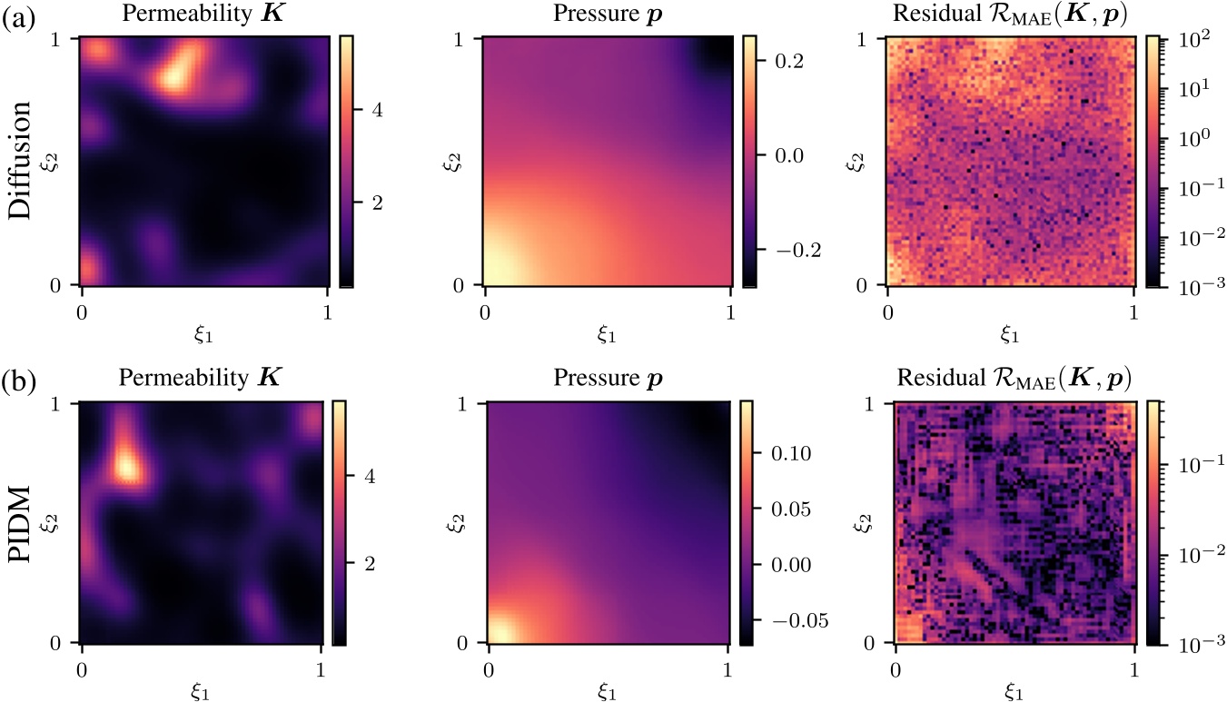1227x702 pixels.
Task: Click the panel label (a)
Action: [x=19, y=17]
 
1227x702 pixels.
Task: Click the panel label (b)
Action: [x=19, y=381]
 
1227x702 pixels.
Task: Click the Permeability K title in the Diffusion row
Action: [x=204, y=15]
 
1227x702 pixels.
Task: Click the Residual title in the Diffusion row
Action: [x=1010, y=15]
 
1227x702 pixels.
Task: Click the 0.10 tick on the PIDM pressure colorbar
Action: [x=786, y=453]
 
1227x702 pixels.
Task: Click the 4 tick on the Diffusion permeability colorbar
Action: [x=371, y=110]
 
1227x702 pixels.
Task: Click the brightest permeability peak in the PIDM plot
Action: [x=124, y=466]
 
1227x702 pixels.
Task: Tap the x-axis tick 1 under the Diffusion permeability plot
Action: [x=328, y=311]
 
